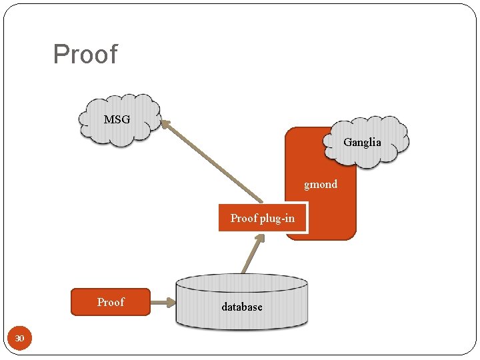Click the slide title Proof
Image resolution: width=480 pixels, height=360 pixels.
pos(85,55)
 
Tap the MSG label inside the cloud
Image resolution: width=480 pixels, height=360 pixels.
pos(117,120)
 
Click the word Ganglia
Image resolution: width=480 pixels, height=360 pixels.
pos(362,142)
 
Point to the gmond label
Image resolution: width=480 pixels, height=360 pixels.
pos(321,184)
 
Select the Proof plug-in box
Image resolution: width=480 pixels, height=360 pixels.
pos(263,218)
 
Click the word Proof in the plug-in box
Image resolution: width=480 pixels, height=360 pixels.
pos(244,218)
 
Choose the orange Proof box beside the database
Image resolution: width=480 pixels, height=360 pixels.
pos(111,302)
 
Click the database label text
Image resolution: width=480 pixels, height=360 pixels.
pos(242,307)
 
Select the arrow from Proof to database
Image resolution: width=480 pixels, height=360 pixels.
pos(163,305)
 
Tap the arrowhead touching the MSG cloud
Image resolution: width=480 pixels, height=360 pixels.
pos(166,124)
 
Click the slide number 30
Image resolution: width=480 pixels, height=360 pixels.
pos(20,339)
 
